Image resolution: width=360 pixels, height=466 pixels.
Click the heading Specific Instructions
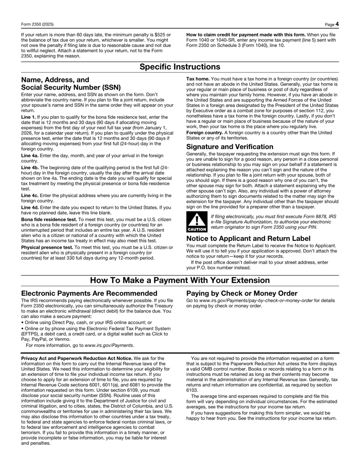click(180, 67)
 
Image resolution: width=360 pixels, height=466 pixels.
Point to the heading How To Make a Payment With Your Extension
click(180, 281)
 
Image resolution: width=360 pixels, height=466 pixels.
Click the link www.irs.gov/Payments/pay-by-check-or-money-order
click(256, 300)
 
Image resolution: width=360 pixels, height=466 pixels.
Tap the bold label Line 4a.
click(30, 155)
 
